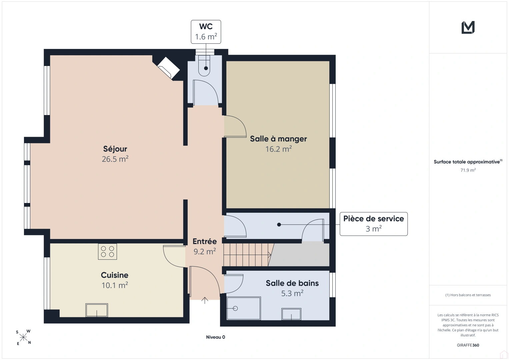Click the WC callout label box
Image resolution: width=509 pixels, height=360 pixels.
tap(206, 32)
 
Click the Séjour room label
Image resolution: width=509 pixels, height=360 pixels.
tap(115, 149)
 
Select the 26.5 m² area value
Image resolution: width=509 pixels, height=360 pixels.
tap(115, 159)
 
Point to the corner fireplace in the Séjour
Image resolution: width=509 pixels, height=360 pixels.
tap(168, 68)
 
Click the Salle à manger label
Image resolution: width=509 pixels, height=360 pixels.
tap(278, 139)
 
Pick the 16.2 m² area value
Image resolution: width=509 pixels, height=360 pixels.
tap(279, 149)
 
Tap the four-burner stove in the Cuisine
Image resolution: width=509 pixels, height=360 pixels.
tap(107, 251)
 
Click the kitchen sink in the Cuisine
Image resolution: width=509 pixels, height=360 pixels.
tap(97, 310)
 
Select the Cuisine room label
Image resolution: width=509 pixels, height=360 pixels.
tap(115, 275)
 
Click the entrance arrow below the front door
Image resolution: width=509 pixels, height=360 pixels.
tap(205, 300)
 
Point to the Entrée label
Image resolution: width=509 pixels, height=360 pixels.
tap(205, 241)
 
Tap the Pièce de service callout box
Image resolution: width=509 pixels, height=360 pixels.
tap(374, 224)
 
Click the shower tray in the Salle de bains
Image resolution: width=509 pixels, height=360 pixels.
tap(244, 308)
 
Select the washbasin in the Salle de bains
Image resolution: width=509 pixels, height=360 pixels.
tap(291, 314)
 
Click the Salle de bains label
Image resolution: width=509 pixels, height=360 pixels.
tap(292, 283)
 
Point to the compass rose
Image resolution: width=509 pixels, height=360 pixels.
tap(23, 337)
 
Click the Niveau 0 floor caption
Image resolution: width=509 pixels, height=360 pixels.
tap(215, 337)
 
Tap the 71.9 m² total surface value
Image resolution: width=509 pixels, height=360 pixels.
tap(468, 170)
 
